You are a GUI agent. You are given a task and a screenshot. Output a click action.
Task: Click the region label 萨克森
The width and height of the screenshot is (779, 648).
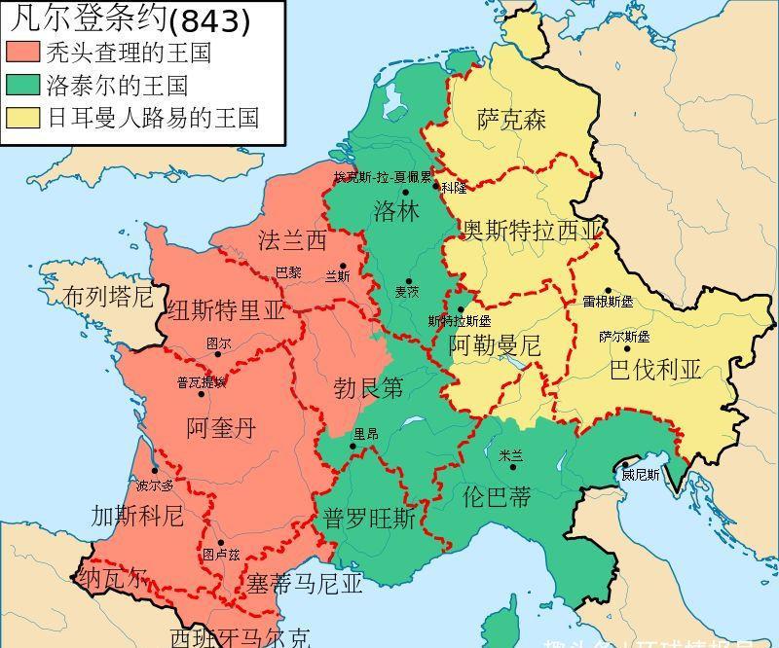(x=511, y=120)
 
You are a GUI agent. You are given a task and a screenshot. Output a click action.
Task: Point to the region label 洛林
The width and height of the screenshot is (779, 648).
(x=395, y=211)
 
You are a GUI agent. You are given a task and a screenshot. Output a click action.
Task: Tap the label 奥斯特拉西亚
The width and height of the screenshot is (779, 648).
(x=533, y=231)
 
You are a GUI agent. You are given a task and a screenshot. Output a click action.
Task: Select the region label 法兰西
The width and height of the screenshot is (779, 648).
(x=292, y=240)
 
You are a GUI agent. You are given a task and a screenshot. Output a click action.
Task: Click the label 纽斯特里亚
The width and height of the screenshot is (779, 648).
(x=226, y=311)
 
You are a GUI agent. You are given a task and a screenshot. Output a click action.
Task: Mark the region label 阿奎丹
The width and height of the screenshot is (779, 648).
(x=221, y=427)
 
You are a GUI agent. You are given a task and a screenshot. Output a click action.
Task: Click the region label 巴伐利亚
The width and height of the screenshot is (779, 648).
(x=654, y=370)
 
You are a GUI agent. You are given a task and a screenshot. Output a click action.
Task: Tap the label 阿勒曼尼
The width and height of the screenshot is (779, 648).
(x=494, y=344)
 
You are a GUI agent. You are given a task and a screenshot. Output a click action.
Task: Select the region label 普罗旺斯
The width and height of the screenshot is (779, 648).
(x=370, y=518)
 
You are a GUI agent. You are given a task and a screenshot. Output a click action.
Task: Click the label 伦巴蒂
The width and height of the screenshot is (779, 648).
(x=497, y=496)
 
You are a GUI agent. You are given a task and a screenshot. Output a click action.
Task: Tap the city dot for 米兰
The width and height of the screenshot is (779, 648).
(x=513, y=467)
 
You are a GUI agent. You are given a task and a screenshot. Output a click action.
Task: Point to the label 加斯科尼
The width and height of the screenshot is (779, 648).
(x=137, y=515)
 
